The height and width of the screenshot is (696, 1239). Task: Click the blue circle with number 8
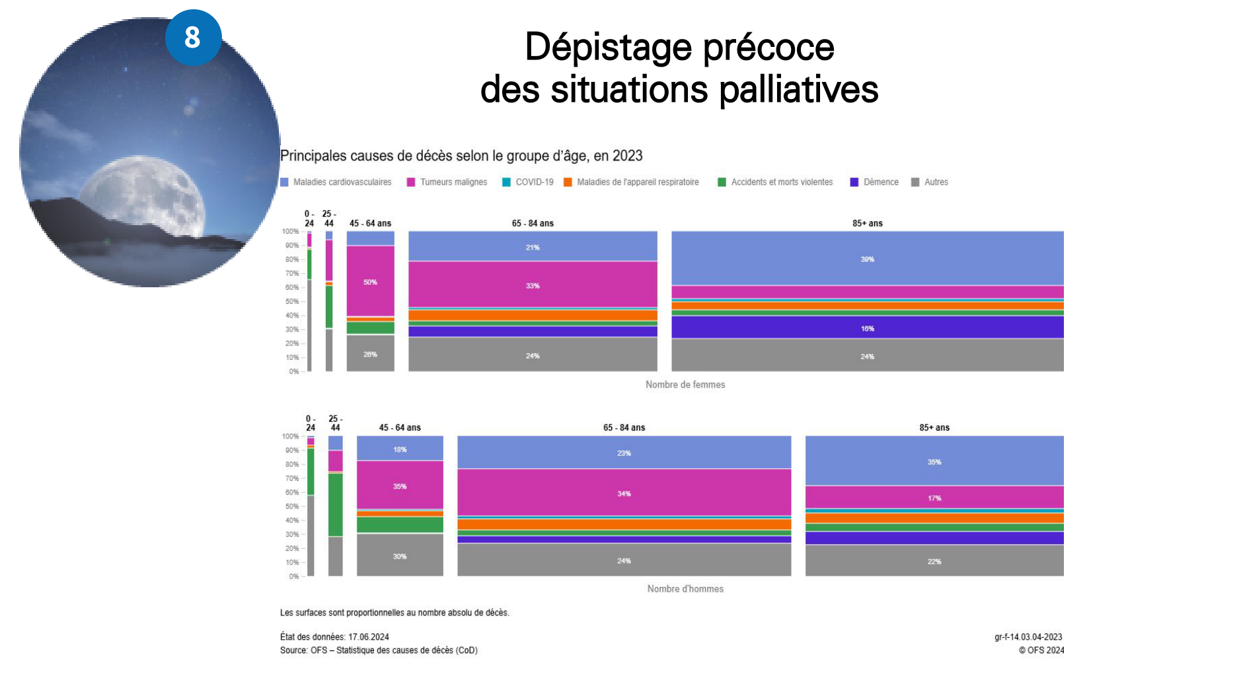pos(193,37)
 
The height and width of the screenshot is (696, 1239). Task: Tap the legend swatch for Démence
pos(854,182)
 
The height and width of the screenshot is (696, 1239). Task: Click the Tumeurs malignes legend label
pos(453,182)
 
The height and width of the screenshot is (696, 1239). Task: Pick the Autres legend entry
pos(936,182)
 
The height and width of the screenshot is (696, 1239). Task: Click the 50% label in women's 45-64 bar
pos(370,283)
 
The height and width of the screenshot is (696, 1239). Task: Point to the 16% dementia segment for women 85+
pos(867,328)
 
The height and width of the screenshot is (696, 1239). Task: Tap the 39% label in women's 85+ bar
pos(867,260)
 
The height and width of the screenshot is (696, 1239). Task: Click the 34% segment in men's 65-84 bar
pos(624,493)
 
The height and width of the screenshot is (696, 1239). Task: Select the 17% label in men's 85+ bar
pos(934,499)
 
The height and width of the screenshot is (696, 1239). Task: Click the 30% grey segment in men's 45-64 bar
pos(400,556)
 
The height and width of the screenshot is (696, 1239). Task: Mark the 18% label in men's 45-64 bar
pos(400,450)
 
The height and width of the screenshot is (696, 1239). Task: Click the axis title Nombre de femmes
pos(685,385)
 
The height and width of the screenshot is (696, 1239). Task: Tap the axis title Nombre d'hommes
pos(685,589)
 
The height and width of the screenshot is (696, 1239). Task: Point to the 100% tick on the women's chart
pos(290,232)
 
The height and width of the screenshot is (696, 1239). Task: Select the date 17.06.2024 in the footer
pos(369,637)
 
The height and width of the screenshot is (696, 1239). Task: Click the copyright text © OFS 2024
pos(1041,650)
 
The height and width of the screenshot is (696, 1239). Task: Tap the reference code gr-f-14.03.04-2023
pos(1028,637)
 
